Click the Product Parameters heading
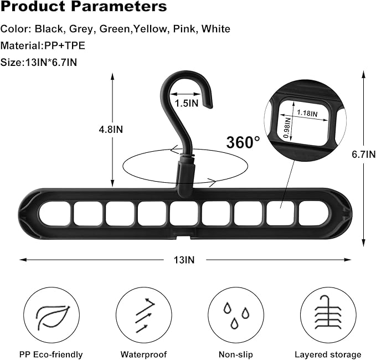84,8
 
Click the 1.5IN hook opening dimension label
187,103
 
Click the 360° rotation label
243,142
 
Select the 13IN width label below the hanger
186,259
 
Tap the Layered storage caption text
327,354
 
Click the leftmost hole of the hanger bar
54,213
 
